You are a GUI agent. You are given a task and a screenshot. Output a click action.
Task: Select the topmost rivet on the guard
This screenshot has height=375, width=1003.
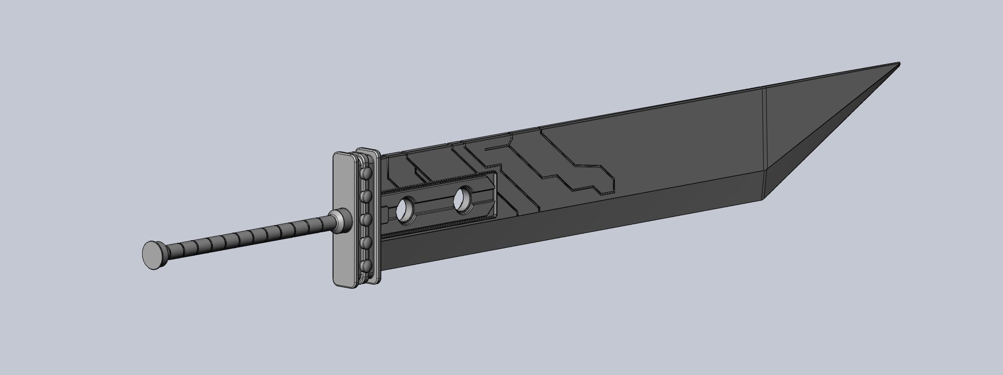pos(367,173)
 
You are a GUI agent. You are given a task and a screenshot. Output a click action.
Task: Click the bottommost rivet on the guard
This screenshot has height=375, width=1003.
pos(367,266)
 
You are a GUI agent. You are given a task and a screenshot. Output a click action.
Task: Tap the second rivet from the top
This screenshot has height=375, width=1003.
pos(367,196)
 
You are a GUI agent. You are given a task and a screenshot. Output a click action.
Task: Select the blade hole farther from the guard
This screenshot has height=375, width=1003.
pos(464,201)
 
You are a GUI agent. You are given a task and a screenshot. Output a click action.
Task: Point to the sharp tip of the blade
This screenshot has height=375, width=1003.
pos(899,64)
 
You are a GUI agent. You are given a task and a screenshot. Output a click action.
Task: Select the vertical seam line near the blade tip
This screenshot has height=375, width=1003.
pos(763,142)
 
